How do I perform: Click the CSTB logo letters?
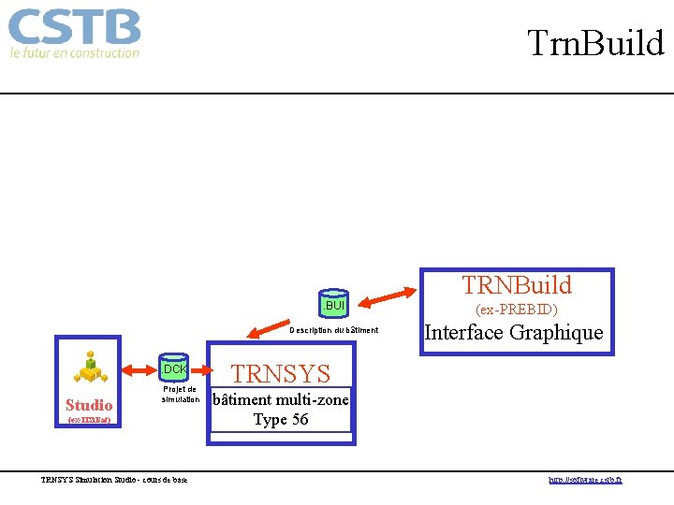pos(75,27)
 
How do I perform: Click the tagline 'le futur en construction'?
pos(75,53)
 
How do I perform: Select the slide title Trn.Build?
pos(594,43)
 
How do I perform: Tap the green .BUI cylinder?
pos(334,304)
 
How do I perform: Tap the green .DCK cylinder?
pos(174,368)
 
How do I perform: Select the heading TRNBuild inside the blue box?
pos(516,285)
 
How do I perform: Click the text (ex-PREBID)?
pos(516,309)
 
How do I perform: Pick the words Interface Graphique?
pos(514,333)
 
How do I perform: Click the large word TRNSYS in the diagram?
pos(280,374)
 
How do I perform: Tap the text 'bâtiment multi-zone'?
pos(281,400)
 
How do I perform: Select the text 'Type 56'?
pos(280,420)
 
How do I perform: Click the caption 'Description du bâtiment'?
pos(334,330)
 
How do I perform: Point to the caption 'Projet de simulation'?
pos(179,395)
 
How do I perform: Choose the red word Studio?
pos(89,405)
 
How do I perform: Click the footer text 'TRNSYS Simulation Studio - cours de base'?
pos(114,480)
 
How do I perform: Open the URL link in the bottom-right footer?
pos(585,480)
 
